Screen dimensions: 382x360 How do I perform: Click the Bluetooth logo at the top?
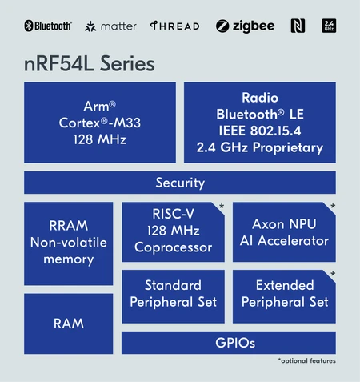click(x=48, y=26)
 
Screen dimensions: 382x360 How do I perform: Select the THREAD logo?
click(x=174, y=26)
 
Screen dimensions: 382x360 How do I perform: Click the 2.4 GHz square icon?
click(x=328, y=26)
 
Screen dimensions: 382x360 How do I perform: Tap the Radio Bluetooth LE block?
click(x=260, y=122)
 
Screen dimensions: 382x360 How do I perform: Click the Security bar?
click(x=180, y=183)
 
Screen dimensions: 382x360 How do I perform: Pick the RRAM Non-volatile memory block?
click(x=68, y=242)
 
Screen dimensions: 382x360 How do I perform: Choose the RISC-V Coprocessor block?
click(x=172, y=231)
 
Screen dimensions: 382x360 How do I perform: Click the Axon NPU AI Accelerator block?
click(x=284, y=231)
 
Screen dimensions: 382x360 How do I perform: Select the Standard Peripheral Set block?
click(x=172, y=293)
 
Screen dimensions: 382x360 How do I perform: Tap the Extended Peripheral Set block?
click(x=284, y=293)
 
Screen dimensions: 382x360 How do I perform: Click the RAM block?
click(x=68, y=323)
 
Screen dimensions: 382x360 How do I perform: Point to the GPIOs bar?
click(x=228, y=343)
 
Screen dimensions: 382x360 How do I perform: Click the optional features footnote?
click(x=306, y=361)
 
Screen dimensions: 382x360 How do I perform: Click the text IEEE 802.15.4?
click(x=260, y=131)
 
